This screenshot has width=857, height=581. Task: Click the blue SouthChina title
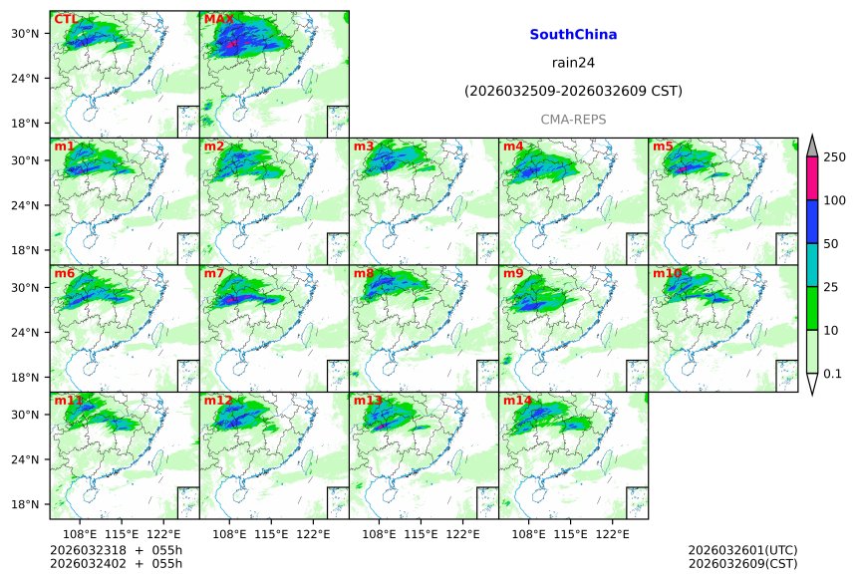pyautogui.click(x=573, y=35)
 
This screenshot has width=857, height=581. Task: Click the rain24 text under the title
pyautogui.click(x=573, y=63)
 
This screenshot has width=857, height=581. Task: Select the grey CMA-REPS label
pyautogui.click(x=573, y=120)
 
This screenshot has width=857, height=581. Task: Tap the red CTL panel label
pyautogui.click(x=66, y=19)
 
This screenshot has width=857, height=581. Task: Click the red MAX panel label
pyautogui.click(x=218, y=19)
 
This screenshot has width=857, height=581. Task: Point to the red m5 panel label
pyautogui.click(x=663, y=146)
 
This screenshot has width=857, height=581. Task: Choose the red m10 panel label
pyautogui.click(x=667, y=273)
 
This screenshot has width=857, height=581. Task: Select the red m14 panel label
pyautogui.click(x=517, y=401)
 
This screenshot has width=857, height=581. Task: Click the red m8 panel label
pyautogui.click(x=364, y=273)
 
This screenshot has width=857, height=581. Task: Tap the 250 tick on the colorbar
pyautogui.click(x=834, y=157)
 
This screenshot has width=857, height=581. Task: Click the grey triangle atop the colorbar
pyautogui.click(x=812, y=145)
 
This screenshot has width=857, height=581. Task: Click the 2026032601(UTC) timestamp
pyautogui.click(x=742, y=550)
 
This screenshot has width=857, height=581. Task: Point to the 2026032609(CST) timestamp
pyautogui.click(x=742, y=565)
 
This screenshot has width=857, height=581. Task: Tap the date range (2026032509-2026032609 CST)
pyautogui.click(x=573, y=92)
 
